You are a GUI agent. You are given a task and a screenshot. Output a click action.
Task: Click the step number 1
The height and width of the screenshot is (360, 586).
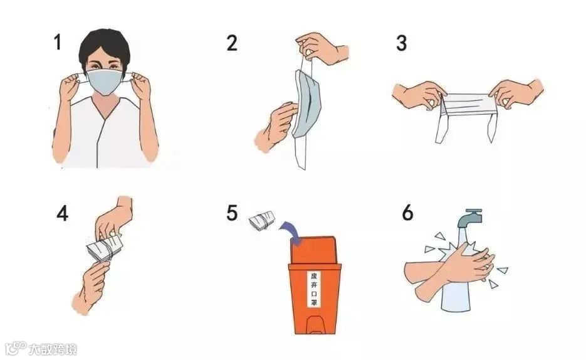point(57,42)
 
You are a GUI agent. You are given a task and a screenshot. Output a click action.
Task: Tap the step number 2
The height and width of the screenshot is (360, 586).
point(232,43)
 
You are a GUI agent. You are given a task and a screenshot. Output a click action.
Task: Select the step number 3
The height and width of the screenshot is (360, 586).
point(401,43)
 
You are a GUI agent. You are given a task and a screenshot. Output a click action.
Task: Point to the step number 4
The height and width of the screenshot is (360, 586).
point(63,213)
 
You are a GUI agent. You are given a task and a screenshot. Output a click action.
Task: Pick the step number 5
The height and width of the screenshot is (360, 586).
point(232,213)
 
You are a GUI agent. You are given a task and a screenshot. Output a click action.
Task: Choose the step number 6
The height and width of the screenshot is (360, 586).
point(407,213)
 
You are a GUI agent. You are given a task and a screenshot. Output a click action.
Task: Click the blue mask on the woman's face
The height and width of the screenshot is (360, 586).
point(105,82)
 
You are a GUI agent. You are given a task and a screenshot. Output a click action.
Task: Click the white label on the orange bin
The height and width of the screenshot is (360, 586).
point(314,289)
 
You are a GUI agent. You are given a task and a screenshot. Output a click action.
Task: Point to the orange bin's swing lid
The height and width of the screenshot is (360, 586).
point(313,250)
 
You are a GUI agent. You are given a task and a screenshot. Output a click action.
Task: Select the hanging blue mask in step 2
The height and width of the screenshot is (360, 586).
point(307,103)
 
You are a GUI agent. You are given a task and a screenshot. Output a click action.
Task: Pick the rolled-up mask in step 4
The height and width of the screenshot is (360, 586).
point(104,248)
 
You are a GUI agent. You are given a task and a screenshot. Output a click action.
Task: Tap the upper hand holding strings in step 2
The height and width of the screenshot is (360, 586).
point(322,48)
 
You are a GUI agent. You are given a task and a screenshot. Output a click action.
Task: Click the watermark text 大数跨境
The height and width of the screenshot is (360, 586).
point(53,349)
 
